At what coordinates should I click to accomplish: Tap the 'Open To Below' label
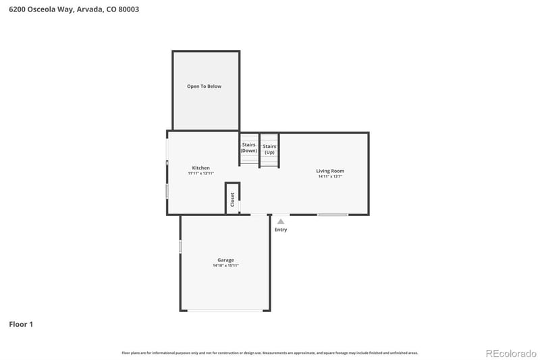204,86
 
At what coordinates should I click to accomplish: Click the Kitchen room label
200,168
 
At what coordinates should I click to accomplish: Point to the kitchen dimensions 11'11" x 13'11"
200,174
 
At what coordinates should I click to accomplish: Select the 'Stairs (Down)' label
248,147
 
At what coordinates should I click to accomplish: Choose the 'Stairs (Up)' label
269,149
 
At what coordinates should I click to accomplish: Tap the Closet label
232,199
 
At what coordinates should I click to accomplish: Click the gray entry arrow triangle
281,221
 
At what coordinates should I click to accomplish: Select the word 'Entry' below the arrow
281,230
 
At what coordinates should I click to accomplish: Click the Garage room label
225,260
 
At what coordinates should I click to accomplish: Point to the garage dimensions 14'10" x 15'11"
225,266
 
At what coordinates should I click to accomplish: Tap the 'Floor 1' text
21,324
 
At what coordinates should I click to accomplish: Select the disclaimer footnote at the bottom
269,353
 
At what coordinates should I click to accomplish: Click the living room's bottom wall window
333,215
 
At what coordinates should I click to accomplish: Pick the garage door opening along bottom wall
225,311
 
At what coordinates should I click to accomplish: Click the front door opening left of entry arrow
260,215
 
